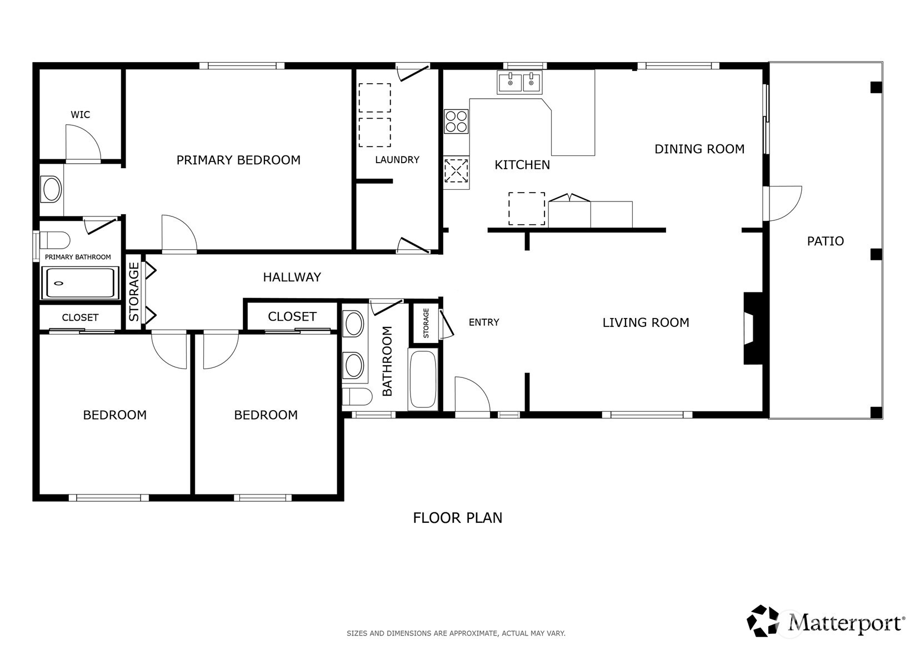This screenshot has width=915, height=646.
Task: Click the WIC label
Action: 80,115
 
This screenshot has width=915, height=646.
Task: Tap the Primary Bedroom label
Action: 238,160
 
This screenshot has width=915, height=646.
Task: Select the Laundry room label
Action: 397,160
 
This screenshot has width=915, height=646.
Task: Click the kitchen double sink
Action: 519,82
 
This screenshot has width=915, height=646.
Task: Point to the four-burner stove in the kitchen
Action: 456,122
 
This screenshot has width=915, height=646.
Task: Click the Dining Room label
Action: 699,149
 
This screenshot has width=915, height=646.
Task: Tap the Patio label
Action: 825,241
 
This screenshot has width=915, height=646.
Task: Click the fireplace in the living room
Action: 753,328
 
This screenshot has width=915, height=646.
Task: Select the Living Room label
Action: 646,323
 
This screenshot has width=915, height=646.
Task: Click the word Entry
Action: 484,322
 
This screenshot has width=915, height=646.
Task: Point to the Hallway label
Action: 292,277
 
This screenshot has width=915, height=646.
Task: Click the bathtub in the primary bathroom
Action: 81,283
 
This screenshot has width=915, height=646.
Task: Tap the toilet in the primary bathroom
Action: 54,240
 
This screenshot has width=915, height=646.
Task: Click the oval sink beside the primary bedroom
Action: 52,189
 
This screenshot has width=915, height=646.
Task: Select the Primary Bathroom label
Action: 78,257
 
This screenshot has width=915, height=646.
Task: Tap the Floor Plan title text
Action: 458,518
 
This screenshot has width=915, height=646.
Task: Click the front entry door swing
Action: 472,395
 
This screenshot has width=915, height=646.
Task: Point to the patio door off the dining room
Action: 785,204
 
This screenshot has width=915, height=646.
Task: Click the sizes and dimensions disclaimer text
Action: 456,633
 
